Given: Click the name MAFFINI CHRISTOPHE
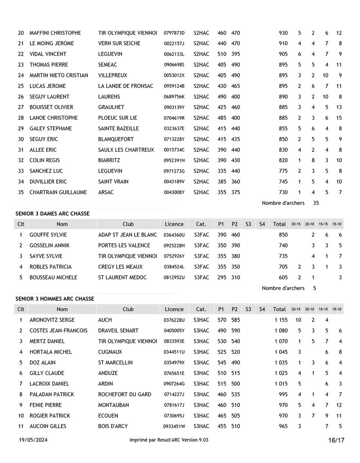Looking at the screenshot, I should click(x=55, y=33).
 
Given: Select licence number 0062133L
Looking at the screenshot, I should click(x=174, y=54).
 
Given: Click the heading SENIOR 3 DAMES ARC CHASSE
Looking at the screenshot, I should click(x=52, y=213).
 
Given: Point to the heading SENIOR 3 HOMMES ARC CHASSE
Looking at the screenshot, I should click(x=54, y=299).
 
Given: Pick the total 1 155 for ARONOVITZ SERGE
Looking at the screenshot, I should click(x=281, y=320).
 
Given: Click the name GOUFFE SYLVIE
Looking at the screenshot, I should click(x=48, y=235).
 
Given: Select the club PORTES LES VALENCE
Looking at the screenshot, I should click(x=124, y=245).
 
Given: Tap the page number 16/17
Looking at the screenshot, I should click(x=336, y=440).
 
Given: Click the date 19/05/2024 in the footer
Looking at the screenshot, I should click(x=33, y=440).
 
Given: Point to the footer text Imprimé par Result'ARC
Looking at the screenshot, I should click(x=169, y=440).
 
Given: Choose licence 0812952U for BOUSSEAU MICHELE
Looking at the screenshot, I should click(x=174, y=277).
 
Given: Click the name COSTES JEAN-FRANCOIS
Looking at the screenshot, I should click(x=58, y=331).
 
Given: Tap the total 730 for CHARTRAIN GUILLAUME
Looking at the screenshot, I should click(x=283, y=192).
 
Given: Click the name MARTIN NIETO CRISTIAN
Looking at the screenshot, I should click(x=59, y=75).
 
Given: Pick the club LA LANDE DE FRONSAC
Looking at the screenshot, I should click(x=126, y=86).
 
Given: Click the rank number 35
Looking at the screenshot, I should click(x=21, y=192).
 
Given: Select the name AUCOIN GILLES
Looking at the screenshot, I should click(x=48, y=426).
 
